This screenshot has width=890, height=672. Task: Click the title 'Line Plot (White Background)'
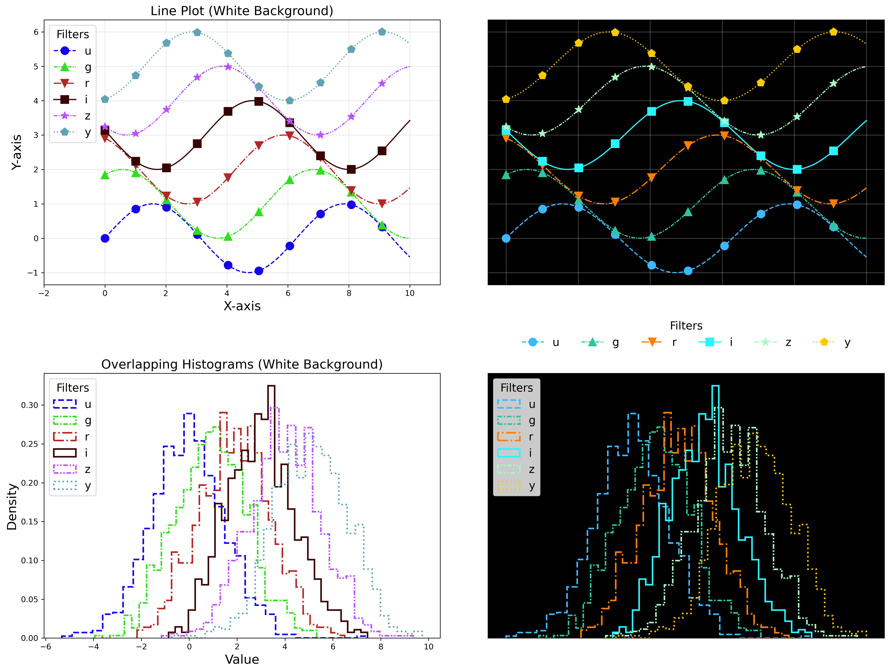pyautogui.click(x=242, y=11)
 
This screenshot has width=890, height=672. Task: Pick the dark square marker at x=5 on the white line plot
pyautogui.click(x=259, y=101)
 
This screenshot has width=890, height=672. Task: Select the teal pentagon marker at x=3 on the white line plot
pyautogui.click(x=197, y=32)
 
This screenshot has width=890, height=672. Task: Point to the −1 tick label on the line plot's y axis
pyautogui.click(x=33, y=273)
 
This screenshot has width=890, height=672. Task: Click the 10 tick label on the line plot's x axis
pyautogui.click(x=410, y=293)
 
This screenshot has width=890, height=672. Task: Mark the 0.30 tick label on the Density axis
pyautogui.click(x=30, y=405)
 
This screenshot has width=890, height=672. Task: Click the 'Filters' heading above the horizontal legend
pyautogui.click(x=686, y=326)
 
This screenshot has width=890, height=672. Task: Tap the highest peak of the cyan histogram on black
pyautogui.click(x=715, y=386)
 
